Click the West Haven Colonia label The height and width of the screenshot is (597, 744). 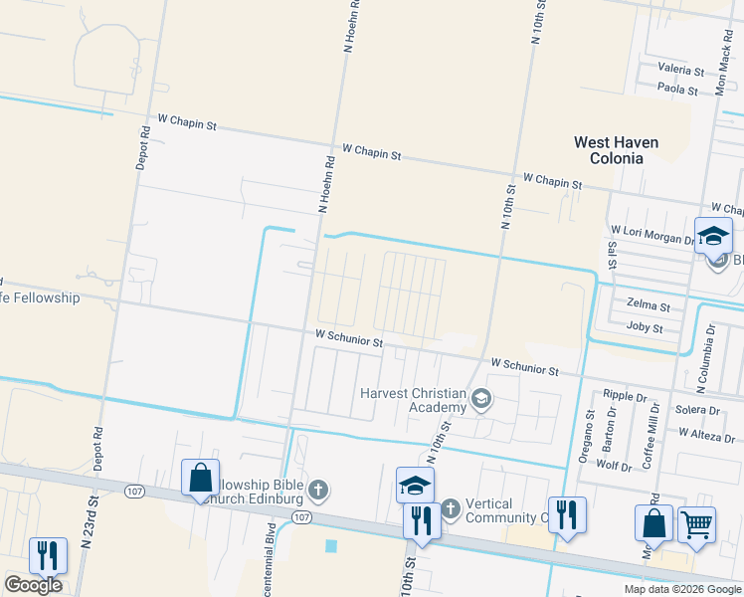click(616, 151)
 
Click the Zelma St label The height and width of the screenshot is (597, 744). click(649, 304)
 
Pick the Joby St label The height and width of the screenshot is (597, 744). click(645, 326)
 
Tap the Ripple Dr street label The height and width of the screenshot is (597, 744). click(624, 395)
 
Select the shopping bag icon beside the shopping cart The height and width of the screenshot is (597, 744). click(654, 521)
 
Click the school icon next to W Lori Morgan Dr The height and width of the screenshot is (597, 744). click(713, 236)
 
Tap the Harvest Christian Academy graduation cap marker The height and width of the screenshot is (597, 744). click(481, 399)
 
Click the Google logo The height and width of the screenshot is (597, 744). click(33, 585)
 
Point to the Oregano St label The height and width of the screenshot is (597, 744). click(590, 431)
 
